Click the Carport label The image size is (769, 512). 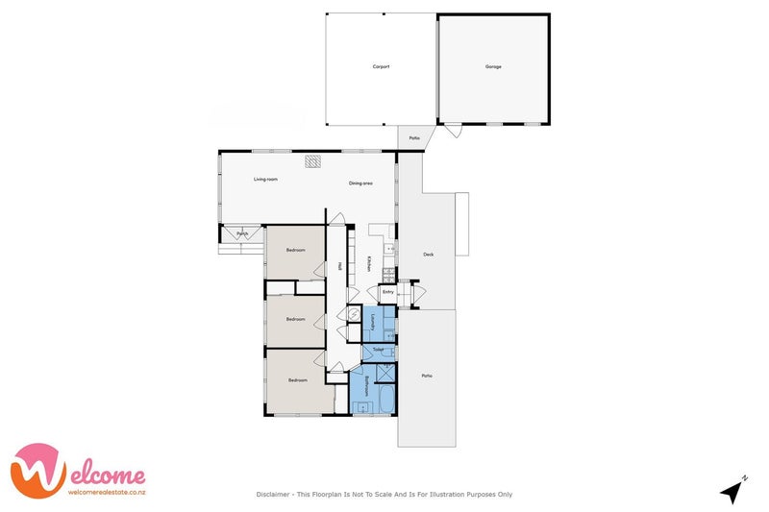click(381, 66)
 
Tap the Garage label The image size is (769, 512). click(493, 66)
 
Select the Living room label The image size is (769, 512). click(265, 180)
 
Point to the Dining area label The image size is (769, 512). click(360, 183)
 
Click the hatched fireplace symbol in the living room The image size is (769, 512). click(313, 161)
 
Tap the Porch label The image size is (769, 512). click(231, 232)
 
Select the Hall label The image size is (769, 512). click(339, 266)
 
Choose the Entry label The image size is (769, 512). click(388, 291)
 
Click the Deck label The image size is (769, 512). click(429, 255)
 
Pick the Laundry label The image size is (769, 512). click(373, 322)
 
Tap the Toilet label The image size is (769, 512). click(378, 350)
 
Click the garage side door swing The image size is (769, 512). click(451, 131)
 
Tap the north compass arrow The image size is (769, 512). click(733, 491)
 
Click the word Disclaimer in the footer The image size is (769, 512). click(274, 495)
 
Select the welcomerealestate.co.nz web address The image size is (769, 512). click(106, 492)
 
